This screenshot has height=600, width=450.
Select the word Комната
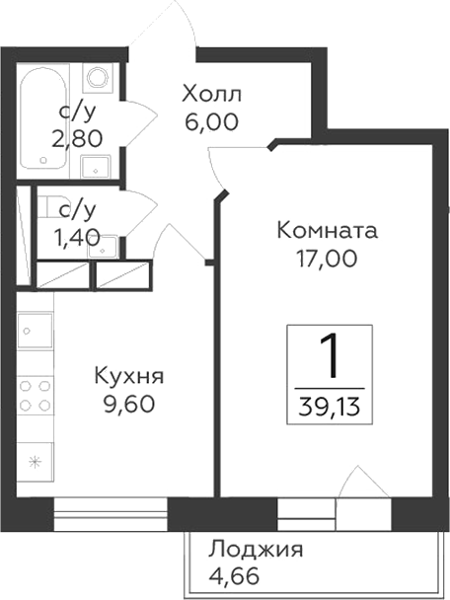click(x=327, y=232)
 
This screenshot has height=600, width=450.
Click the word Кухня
click(x=128, y=376)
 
